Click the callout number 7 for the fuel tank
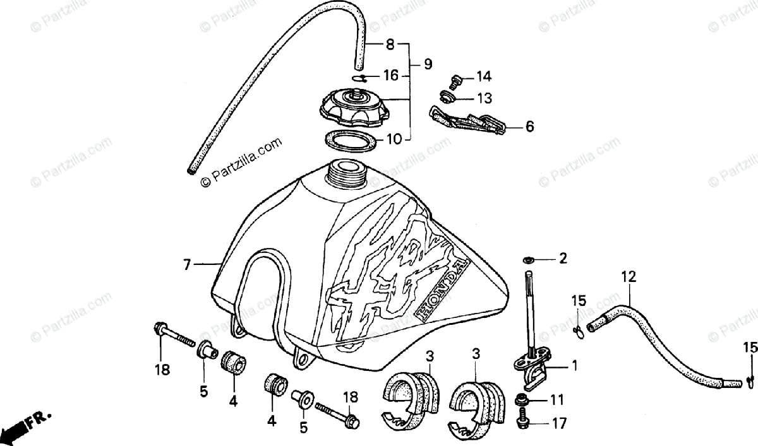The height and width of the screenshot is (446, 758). click(x=187, y=265)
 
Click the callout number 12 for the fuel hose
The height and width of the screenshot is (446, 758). click(x=629, y=276)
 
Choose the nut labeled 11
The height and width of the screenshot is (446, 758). click(x=522, y=400)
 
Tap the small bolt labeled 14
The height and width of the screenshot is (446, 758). click(x=454, y=80)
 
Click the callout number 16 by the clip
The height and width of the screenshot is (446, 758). click(x=391, y=76)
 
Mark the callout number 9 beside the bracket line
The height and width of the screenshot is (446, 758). click(x=428, y=64)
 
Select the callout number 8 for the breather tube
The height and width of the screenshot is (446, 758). click(x=390, y=45)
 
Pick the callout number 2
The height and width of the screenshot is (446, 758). click(x=562, y=258)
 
